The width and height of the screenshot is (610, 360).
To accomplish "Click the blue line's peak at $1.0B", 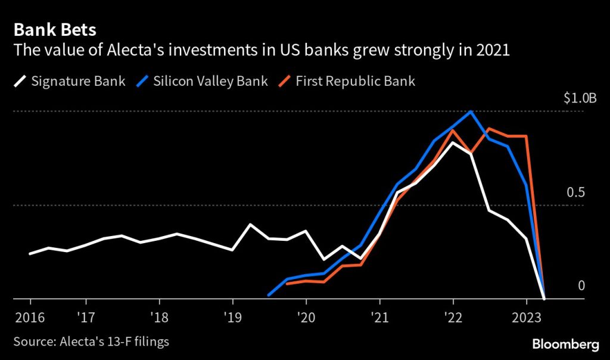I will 471,111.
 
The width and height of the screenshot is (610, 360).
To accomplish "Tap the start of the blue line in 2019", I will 269,294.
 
